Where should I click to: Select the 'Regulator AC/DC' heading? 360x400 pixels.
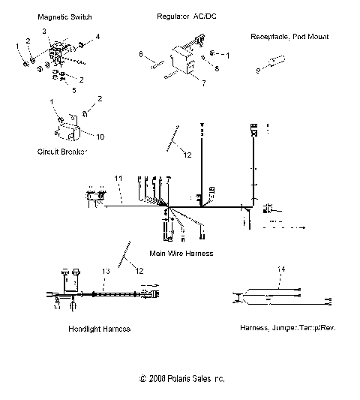pyautogui.click(x=182, y=15)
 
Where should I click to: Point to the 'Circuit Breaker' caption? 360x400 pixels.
pyautogui.click(x=61, y=151)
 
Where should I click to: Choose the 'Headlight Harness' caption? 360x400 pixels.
pyautogui.click(x=98, y=329)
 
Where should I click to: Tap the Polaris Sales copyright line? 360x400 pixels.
pyautogui.click(x=182, y=379)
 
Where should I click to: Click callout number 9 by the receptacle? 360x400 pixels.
pyautogui.click(x=259, y=71)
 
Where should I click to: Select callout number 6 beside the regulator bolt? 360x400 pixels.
pyautogui.click(x=141, y=53)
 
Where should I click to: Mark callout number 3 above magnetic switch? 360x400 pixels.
pyautogui.click(x=44, y=30)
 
